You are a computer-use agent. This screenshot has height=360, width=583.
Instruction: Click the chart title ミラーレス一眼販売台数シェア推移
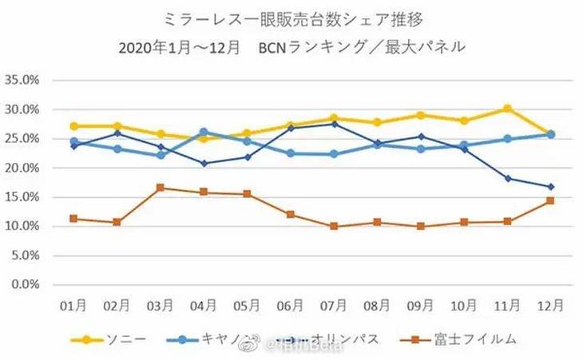pos(291,18)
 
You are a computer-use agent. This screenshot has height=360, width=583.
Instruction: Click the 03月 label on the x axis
pos(160,307)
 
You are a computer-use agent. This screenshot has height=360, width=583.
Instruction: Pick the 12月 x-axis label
pos(551,307)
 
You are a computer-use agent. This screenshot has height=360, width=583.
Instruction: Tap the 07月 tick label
pos(334,307)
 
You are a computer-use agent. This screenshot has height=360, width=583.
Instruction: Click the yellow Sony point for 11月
pos(507,109)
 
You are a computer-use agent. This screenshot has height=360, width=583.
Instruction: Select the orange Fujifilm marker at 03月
pos(160,188)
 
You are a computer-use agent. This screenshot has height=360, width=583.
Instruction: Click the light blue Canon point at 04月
pos(204,133)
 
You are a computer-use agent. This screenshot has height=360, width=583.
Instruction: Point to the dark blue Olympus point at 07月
pos(334,124)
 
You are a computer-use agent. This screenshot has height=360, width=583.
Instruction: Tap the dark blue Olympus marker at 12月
pos(551,187)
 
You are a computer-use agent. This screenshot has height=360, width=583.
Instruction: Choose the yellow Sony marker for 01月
pos(73,126)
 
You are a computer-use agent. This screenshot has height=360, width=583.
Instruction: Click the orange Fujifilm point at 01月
pos(73,218)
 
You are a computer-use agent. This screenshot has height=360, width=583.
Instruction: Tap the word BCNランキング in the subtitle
pos(318,46)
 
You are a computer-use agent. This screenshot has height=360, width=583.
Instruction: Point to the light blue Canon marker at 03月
pos(160,155)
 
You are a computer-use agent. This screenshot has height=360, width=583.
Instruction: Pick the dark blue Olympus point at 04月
pos(204,163)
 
